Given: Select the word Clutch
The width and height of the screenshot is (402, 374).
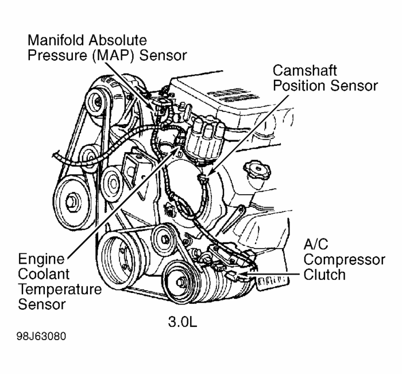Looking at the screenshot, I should pos(325,274).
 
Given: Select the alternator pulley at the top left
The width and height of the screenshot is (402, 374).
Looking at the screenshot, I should pos(98,103).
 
